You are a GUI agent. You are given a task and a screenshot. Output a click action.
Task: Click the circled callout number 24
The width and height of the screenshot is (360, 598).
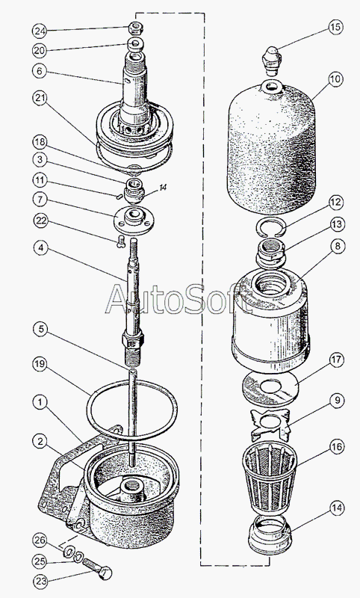pos(40,31)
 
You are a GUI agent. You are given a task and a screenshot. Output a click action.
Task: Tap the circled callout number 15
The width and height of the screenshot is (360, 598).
pos(335,27)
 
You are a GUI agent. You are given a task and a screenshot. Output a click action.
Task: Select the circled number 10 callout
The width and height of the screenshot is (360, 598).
pos(335,79)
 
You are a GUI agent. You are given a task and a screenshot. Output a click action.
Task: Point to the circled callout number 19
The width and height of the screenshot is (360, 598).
pos(40,365)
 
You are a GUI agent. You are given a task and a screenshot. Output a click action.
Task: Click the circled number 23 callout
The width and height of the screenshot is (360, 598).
pos(40,582)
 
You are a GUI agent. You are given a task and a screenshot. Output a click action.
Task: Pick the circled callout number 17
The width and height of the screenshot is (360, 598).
pos(336,360)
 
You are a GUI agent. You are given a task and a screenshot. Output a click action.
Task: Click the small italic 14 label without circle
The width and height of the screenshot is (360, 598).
pos(163,188)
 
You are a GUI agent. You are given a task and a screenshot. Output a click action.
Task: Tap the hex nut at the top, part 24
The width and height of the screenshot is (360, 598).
pos(135,28)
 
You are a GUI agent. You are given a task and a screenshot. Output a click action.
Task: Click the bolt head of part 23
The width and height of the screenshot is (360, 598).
pos(105,573)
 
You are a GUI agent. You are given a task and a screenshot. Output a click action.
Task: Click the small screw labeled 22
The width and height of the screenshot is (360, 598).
pos(120,241)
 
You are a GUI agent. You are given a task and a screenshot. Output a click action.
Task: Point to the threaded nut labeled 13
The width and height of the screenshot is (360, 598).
pos(271,254)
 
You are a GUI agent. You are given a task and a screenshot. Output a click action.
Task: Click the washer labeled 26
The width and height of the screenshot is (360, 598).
pos(69,551)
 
